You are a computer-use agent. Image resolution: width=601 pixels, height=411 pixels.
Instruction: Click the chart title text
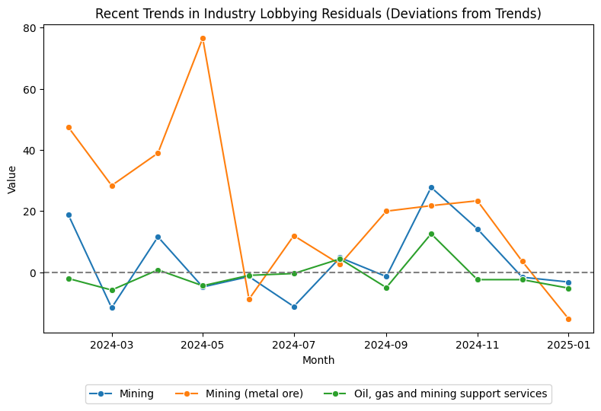[x=318, y=13]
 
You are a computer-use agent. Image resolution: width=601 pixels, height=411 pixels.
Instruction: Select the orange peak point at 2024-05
[x=203, y=38]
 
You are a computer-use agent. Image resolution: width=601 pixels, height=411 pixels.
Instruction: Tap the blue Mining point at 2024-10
[x=431, y=187]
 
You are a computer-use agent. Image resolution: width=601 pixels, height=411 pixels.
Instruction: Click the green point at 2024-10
[x=431, y=234]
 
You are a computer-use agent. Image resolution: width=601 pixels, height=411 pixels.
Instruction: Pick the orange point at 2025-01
[x=568, y=319]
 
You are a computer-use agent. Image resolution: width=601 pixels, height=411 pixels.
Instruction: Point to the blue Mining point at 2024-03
[x=113, y=307]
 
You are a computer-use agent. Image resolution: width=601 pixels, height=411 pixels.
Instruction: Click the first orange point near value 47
[x=69, y=127]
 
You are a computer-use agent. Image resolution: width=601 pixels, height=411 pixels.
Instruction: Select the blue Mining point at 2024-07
[x=294, y=307]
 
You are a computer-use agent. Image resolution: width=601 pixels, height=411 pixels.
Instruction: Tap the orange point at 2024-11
[x=478, y=201]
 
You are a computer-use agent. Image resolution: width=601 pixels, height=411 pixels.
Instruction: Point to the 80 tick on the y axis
[x=28, y=28]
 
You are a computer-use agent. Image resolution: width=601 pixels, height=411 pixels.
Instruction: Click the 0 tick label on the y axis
[x=31, y=272]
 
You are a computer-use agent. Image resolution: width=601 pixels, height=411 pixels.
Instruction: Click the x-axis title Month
[x=318, y=360]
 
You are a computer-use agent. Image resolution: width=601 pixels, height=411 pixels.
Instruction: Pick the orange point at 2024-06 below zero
[x=248, y=299]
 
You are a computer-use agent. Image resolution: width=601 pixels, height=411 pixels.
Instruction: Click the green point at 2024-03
[x=113, y=290]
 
